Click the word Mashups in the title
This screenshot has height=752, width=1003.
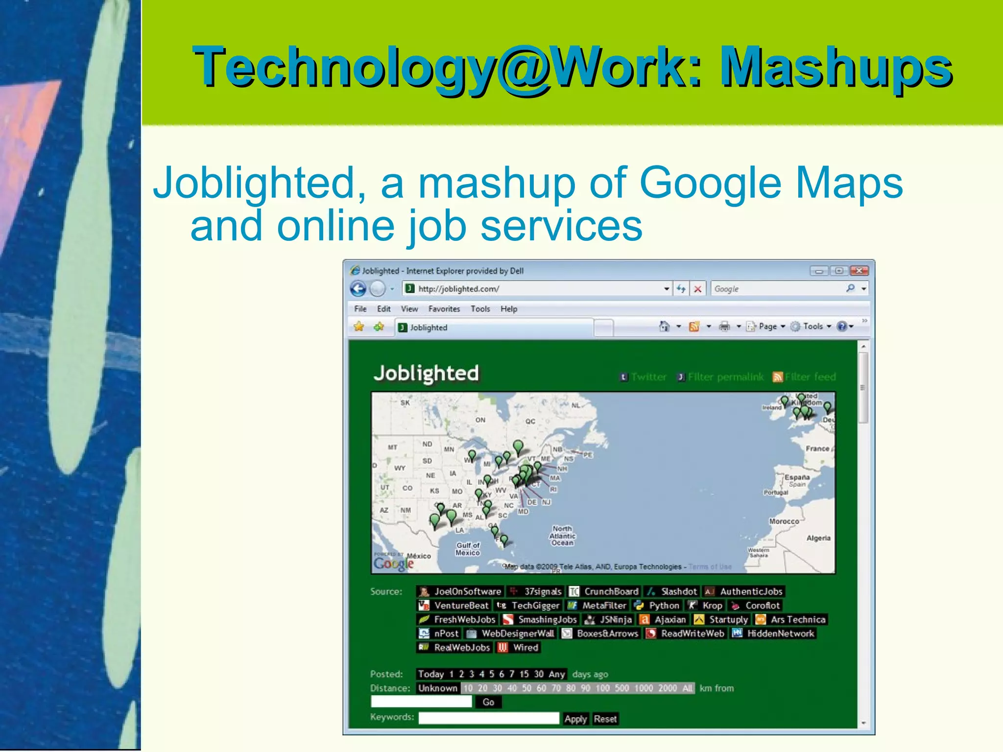[x=836, y=67]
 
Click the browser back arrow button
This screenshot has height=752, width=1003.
[x=358, y=289]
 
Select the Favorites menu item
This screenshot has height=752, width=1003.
[x=444, y=309]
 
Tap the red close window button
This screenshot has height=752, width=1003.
[x=859, y=271]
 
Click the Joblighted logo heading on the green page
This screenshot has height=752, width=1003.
[x=426, y=374]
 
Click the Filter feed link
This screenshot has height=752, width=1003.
[x=810, y=377]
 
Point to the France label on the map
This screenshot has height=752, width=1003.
[x=817, y=448]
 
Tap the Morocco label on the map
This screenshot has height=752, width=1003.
[x=784, y=521]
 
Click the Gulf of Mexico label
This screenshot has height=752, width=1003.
[x=468, y=549]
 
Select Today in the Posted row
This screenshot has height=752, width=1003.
[x=430, y=674]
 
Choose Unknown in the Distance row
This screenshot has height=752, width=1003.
[x=437, y=688]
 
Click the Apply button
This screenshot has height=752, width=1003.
[x=575, y=719]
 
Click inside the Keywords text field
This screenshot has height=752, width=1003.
[x=488, y=718]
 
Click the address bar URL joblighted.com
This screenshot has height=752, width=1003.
[x=458, y=289]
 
